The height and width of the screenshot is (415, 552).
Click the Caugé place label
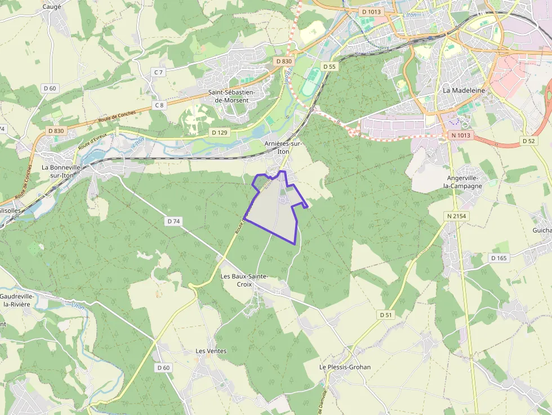coord(52,7)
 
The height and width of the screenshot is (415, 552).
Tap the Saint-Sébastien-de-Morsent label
coord(232,96)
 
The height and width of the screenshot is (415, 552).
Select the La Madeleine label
coord(464,90)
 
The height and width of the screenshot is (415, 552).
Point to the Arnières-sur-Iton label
coord(283,148)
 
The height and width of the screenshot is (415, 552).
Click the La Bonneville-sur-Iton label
coord(62,171)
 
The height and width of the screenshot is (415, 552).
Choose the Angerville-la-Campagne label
coord(462,181)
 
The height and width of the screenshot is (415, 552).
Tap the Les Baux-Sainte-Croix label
coord(244,280)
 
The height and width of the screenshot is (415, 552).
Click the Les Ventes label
coord(211,351)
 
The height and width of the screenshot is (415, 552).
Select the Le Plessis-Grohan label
coord(345,367)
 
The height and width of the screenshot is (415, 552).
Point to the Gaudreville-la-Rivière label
coord(17,300)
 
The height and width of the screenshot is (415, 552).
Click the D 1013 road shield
coord(372,11)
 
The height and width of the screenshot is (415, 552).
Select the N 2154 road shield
coord(457,216)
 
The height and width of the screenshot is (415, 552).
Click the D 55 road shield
coord(330,66)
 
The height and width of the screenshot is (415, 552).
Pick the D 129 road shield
coord(220,132)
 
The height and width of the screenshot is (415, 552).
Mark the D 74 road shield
coord(173,221)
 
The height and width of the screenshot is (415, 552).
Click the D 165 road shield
coord(499,258)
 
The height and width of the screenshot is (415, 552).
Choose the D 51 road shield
coord(385,315)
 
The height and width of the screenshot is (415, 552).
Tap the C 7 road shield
coord(159,72)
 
